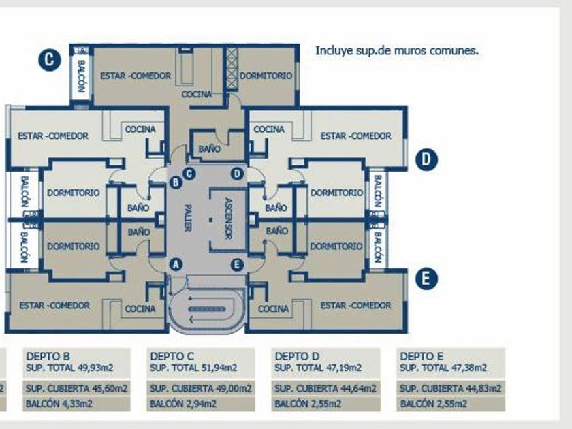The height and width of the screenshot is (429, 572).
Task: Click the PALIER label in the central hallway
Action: (x=187, y=219)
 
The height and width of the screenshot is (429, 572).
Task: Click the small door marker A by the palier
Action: (x=176, y=264)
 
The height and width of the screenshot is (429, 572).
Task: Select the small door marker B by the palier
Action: (x=176, y=182)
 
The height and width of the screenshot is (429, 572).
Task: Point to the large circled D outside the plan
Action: (x=426, y=160)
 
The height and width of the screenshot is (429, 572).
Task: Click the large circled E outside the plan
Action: (x=426, y=279)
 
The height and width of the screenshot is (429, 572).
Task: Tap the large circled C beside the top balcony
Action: (x=49, y=60)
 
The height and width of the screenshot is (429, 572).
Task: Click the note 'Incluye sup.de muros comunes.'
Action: (x=396, y=50)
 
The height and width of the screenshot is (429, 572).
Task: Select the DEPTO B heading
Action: (x=48, y=355)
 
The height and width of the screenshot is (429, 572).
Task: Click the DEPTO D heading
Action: (x=296, y=355)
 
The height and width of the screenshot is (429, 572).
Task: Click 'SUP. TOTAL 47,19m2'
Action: (x=318, y=368)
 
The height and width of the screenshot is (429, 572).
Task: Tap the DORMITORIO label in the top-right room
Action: (x=266, y=76)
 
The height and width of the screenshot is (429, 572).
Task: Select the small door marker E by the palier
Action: (x=237, y=265)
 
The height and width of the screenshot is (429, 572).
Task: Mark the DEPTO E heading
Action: (x=422, y=355)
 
